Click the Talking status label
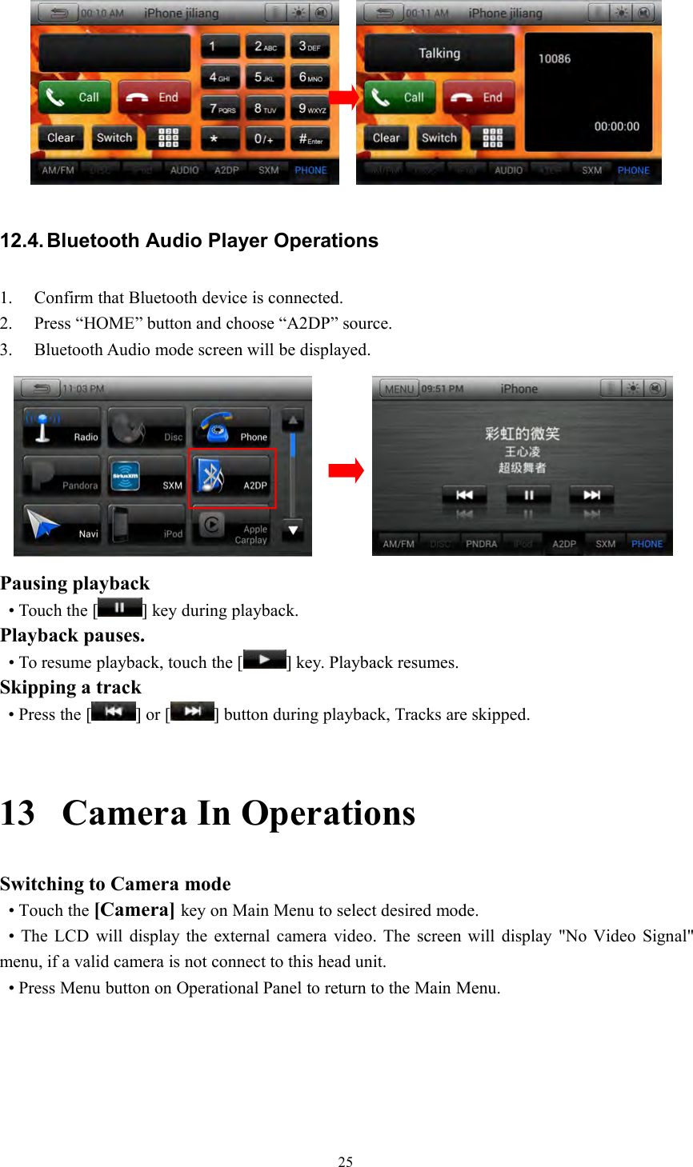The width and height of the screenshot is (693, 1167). pyautogui.click(x=439, y=54)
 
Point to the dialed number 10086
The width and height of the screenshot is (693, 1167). pyautogui.click(x=555, y=58)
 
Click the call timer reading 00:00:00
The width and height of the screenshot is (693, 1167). pyautogui.click(x=616, y=126)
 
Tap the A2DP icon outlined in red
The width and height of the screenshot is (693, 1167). pyautogui.click(x=233, y=478)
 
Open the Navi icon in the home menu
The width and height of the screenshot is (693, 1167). pyautogui.click(x=62, y=524)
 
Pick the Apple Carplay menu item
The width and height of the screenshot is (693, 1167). pyautogui.click(x=233, y=527)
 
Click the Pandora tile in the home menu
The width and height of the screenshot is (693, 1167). pyautogui.click(x=62, y=476)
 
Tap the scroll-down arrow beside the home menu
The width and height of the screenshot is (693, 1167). pyautogui.click(x=294, y=530)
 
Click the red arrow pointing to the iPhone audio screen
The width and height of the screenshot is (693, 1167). pyautogui.click(x=346, y=470)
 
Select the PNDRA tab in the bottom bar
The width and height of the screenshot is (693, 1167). pyautogui.click(x=481, y=544)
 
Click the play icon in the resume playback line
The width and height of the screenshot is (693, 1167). pyautogui.click(x=264, y=661)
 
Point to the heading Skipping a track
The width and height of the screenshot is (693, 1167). pyautogui.click(x=70, y=688)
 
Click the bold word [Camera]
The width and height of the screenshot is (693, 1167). pyautogui.click(x=134, y=910)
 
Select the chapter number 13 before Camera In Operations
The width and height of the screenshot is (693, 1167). pyautogui.click(x=18, y=813)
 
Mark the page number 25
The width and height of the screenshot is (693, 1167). pyautogui.click(x=346, y=1162)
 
